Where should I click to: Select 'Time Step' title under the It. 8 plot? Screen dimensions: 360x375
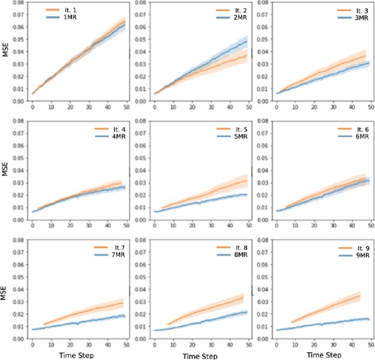[x=199, y=355]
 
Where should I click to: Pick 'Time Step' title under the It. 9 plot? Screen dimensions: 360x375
[x=321, y=355]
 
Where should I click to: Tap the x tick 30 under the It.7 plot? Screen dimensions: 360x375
[x=88, y=345]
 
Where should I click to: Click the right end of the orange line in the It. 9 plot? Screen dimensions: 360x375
[x=359, y=295]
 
